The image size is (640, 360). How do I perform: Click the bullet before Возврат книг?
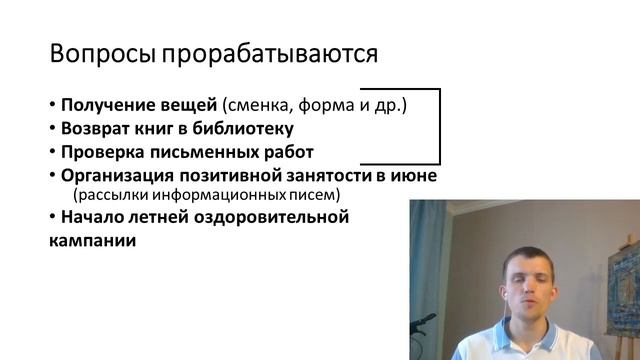[52, 129]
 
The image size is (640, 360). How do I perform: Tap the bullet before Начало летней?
[52, 217]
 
